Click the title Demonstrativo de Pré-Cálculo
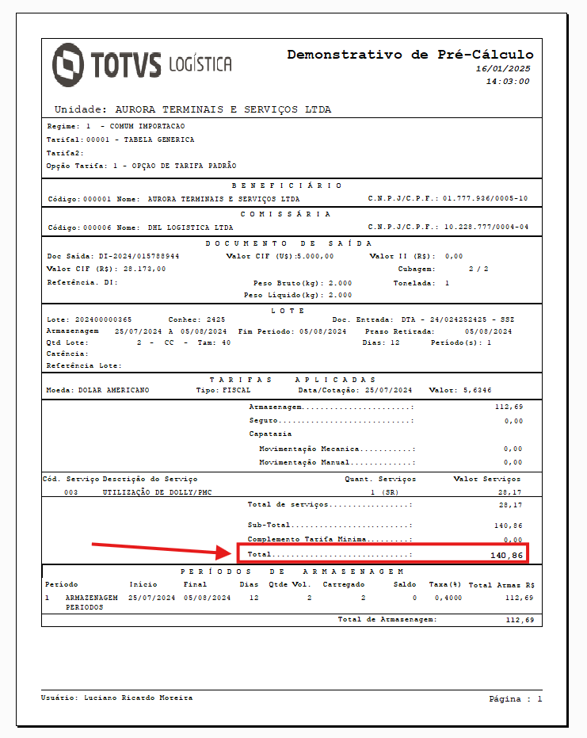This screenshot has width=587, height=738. point(410,55)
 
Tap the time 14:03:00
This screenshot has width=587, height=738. point(507,81)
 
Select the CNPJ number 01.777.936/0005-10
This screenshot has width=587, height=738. point(485,199)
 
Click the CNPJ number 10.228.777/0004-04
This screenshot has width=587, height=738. point(485,228)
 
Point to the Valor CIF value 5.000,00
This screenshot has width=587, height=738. point(314,256)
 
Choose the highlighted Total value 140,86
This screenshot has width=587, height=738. point(506,555)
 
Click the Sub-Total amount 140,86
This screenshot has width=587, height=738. point(508,525)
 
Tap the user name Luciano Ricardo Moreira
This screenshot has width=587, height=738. point(138,698)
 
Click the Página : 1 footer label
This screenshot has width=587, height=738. point(516,699)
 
